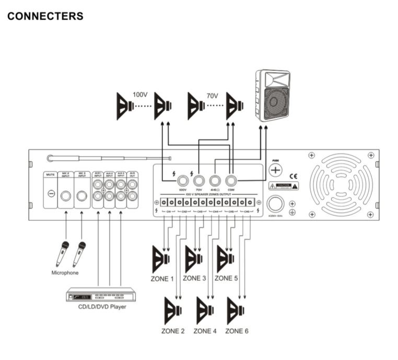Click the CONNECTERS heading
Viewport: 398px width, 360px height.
[45, 16]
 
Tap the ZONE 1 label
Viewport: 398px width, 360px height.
[162, 279]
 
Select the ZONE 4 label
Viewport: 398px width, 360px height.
[205, 331]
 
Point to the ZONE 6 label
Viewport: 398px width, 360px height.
[237, 331]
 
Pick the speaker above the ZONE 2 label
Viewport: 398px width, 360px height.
[173, 311]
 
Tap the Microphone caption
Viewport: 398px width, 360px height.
[65, 272]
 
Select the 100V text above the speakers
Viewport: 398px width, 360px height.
[140, 95]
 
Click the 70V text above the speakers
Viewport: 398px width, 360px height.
[212, 96]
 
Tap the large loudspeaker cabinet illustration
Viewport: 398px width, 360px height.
[273, 95]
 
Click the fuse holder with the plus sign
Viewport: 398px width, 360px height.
[275, 170]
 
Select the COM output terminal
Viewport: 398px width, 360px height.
[231, 181]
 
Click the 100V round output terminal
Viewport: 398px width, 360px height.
[183, 181]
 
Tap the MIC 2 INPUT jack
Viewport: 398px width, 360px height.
[66, 196]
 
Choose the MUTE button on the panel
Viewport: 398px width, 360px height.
[51, 194]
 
